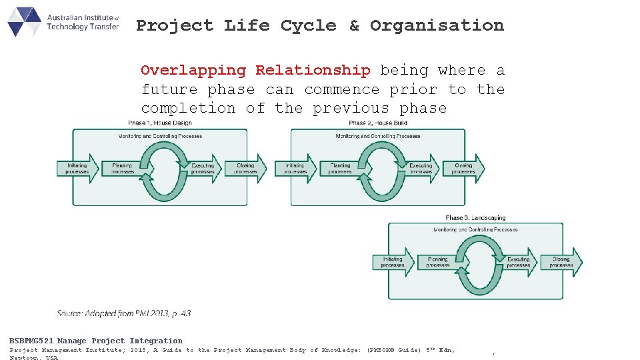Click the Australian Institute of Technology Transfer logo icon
[x=24, y=21]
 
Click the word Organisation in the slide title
[x=437, y=26]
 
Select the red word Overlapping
[x=193, y=71]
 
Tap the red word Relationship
[x=313, y=71]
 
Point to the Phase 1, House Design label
[x=159, y=123]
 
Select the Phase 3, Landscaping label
[x=475, y=218]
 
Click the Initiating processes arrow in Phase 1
[x=77, y=168]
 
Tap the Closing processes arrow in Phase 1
[x=245, y=168]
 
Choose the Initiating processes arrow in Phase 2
[x=295, y=168]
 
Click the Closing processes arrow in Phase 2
[x=463, y=168]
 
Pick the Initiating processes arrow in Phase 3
[x=393, y=262]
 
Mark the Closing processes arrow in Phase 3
[x=561, y=262]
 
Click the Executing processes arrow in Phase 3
[x=519, y=262]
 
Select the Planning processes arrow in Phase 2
[x=340, y=168]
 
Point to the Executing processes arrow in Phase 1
[x=203, y=168]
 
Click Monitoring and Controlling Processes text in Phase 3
[x=475, y=230]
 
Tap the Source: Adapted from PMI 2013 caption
[x=124, y=313]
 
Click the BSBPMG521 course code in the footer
[x=32, y=341]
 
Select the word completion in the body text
[x=188, y=109]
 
